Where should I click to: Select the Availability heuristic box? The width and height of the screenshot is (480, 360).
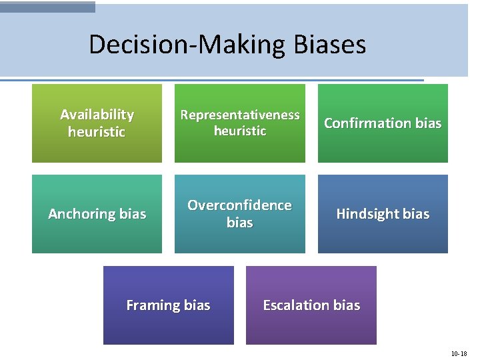pos(97,123)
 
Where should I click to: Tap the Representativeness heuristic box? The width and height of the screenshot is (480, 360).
pos(240,123)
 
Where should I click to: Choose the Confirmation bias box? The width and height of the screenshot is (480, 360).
pos(383,123)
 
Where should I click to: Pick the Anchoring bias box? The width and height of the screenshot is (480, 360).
pos(97,214)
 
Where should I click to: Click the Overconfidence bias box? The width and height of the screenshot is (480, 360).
pos(240,214)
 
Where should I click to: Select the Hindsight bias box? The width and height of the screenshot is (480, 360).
pos(383,214)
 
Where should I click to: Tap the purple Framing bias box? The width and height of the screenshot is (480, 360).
pos(169,305)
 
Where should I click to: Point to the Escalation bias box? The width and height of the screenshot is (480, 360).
pos(311,305)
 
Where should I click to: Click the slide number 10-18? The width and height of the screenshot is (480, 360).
pos(459,353)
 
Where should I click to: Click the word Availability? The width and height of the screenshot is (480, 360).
pos(97,115)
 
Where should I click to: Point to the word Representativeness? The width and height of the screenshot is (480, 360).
pos(240,115)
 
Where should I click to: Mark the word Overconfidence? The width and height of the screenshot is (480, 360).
pos(239,205)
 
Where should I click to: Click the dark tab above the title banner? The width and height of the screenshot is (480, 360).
pos(47,6)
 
